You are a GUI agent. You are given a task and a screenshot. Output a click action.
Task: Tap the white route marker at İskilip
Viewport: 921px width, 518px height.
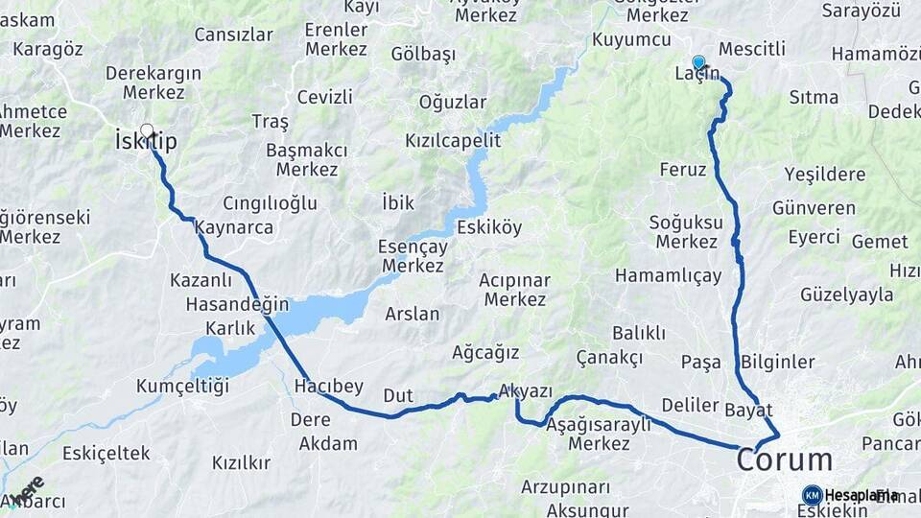tap(147, 130)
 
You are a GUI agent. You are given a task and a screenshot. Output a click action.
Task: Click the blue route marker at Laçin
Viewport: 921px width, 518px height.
tap(698, 61)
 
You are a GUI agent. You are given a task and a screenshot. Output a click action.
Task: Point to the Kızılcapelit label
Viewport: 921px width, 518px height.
tap(453, 140)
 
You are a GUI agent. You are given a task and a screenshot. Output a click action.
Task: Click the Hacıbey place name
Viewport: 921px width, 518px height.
tap(329, 387)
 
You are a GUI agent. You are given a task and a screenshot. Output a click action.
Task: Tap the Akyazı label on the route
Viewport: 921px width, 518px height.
tap(526, 391)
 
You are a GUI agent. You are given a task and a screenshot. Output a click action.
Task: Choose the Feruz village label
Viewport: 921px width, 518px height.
tap(683, 170)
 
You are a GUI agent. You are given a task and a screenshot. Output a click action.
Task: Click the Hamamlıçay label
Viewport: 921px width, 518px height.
tap(668, 275)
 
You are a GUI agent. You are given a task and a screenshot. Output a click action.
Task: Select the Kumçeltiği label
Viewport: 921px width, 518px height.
tap(183, 386)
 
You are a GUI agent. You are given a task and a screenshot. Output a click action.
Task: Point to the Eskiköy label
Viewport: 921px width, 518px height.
tap(489, 228)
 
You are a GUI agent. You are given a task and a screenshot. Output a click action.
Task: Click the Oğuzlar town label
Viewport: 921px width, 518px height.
tap(454, 102)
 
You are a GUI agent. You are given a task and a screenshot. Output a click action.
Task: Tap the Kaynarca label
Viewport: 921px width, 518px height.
tap(234, 228)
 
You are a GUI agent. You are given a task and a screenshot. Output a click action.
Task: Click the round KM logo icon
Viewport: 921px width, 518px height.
tap(812, 495)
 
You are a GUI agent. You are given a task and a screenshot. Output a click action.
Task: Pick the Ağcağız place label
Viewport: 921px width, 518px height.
tap(485, 352)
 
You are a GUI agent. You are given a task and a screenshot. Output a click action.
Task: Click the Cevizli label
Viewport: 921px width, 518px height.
tap(325, 97)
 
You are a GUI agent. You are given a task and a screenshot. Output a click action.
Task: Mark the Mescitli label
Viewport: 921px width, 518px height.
tap(751, 48)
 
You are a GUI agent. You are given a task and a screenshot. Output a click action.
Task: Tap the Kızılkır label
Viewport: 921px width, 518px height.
tap(241, 462)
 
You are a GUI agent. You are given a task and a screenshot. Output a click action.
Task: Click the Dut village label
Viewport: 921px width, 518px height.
tap(398, 395)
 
